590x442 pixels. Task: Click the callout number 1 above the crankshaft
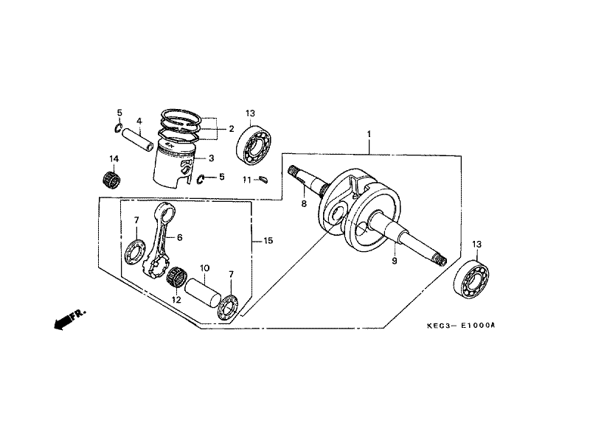[x=368, y=135]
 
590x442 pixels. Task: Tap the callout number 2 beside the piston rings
[x=231, y=129]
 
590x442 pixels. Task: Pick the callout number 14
[x=114, y=158]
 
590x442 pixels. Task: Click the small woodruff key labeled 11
[x=265, y=178]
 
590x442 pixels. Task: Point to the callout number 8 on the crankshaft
[x=303, y=204]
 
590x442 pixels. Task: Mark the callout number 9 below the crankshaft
[x=394, y=261]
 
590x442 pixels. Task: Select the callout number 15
[x=268, y=241]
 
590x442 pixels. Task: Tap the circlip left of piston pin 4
[x=119, y=130]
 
